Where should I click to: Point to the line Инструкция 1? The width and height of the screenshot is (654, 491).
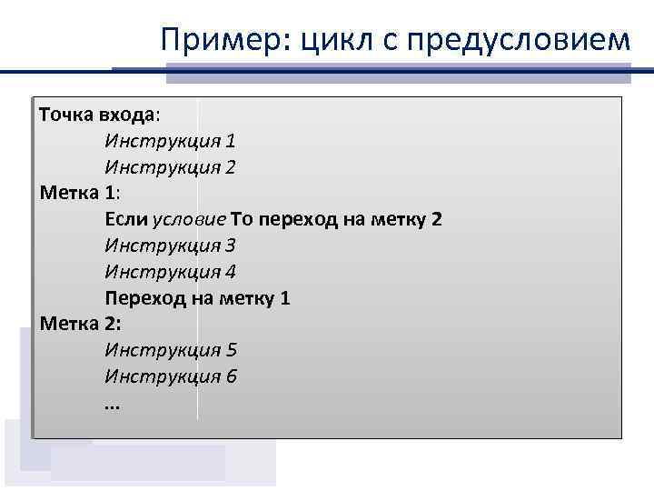click(x=170, y=142)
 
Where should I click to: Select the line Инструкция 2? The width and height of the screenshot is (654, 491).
click(x=170, y=167)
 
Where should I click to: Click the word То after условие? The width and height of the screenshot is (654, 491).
click(x=243, y=220)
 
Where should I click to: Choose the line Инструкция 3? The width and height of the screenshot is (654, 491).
click(x=170, y=245)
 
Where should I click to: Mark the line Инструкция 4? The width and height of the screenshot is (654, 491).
click(x=170, y=272)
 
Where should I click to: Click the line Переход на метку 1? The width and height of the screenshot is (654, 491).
click(x=197, y=298)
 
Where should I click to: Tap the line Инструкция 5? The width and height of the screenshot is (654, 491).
click(x=170, y=350)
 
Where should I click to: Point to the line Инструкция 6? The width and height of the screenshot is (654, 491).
click(x=170, y=376)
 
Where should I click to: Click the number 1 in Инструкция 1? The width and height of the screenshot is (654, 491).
click(x=231, y=142)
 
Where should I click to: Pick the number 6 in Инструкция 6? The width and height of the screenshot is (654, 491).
click(x=231, y=376)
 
